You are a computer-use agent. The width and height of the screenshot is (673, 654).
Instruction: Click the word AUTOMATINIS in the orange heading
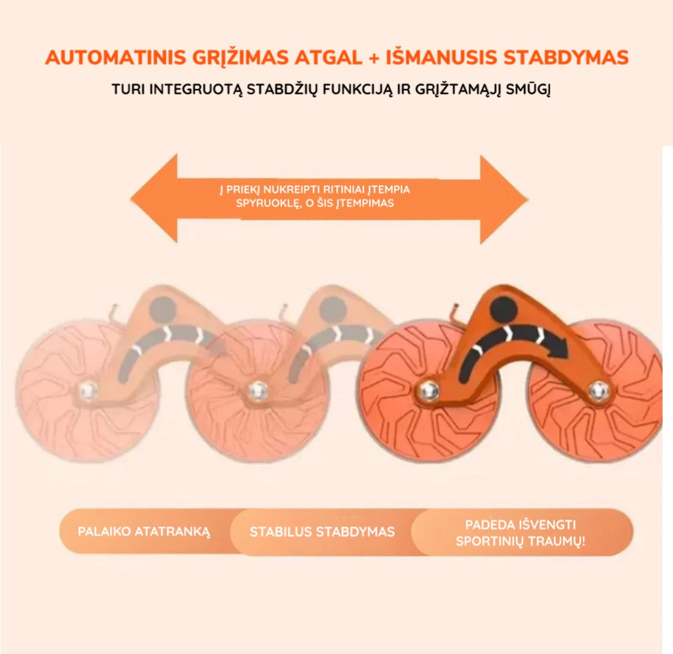point(115,58)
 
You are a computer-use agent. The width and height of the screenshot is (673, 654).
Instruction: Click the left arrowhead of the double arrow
point(155,198)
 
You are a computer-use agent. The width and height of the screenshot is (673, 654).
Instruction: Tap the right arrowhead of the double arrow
point(503,199)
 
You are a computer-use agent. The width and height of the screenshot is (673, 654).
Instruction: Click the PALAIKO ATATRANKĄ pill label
point(144,532)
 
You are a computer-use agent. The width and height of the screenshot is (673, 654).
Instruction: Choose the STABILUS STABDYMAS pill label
point(322,532)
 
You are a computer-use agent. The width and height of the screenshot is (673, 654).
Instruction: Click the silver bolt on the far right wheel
point(598,390)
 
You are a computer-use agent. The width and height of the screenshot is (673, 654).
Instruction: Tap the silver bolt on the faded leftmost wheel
point(88,390)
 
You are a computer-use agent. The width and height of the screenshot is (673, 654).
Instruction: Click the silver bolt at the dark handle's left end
point(428,390)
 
